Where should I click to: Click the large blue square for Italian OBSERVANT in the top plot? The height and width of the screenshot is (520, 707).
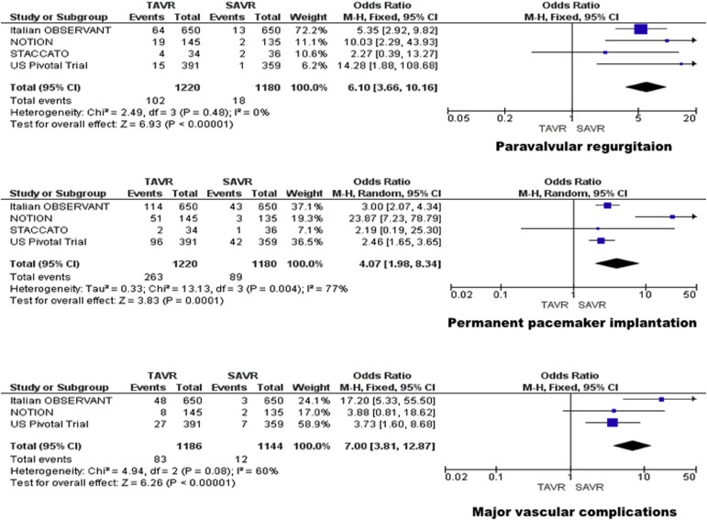641,29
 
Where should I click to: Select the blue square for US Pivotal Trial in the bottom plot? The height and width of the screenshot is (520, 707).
613,423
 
